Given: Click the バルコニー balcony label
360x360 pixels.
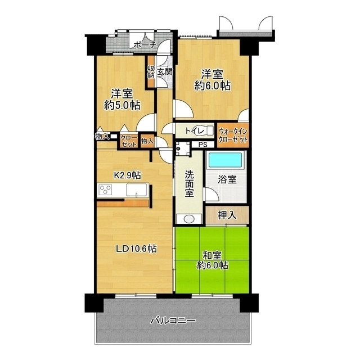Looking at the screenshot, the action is point(173,320).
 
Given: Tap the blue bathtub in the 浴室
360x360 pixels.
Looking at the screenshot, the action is point(225,160).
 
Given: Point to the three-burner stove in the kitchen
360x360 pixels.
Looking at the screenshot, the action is point(105,190).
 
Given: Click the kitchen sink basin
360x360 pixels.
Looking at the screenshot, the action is point(136,190).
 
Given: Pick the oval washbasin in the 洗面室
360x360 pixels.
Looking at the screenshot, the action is point(189,219).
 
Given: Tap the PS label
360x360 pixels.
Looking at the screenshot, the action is point(202,145).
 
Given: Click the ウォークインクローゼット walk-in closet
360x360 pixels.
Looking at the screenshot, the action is point(233,136).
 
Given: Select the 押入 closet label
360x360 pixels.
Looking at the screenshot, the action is point(227,215).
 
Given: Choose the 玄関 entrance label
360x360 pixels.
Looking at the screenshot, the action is point(165,72).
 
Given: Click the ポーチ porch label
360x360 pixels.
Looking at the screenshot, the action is point(145,45).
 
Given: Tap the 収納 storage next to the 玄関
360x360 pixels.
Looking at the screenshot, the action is point(151,72).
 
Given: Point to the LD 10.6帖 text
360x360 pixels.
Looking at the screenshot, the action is point(136,249).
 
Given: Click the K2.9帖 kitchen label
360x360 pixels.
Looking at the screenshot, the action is point(128,175).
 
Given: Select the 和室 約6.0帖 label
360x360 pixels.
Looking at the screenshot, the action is point(213,260).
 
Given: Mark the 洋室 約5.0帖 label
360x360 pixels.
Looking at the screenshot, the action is point(122,100).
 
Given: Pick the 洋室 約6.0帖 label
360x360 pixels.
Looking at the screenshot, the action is point(213,80).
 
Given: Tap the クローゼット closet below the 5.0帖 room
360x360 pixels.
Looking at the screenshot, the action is point(129,141).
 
